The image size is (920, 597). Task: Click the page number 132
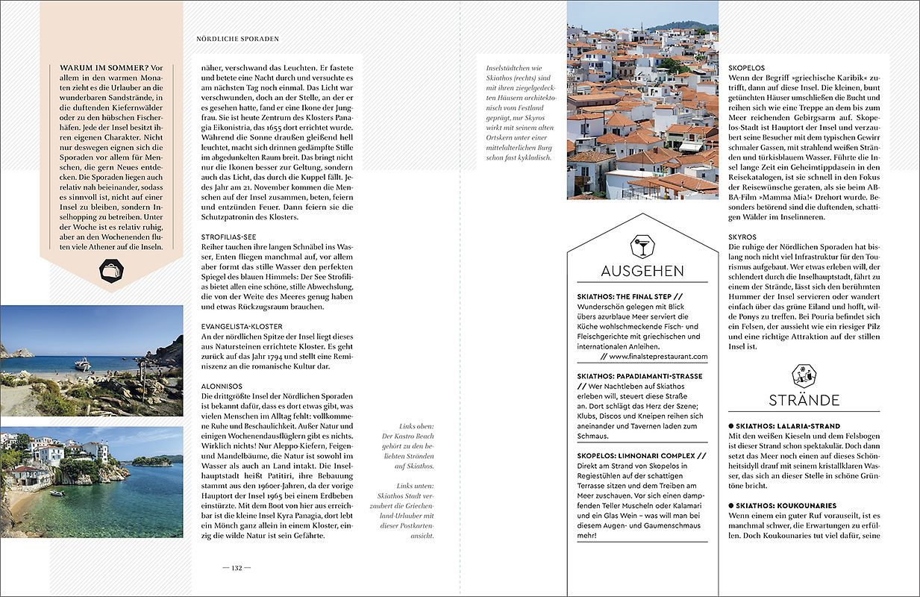(x=237, y=568)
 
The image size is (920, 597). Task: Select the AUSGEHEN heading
(x=642, y=270)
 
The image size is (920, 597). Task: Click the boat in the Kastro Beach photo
(x=83, y=364)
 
